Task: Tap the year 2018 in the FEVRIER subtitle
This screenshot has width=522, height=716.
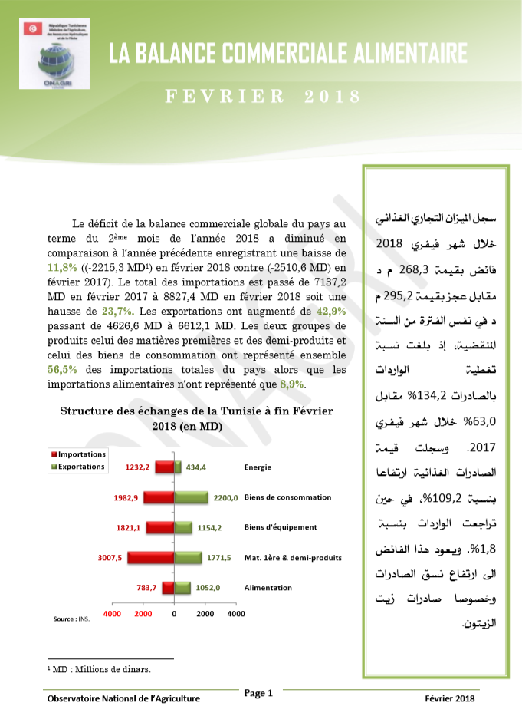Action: click(333, 97)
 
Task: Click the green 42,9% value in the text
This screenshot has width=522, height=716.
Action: click(331, 311)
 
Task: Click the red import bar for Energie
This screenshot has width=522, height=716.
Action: click(164, 467)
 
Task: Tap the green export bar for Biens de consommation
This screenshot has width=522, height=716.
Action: click(191, 497)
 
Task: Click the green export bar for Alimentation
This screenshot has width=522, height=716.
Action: click(182, 588)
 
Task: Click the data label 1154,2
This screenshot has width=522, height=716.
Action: click(211, 528)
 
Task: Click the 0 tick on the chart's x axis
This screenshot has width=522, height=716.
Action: click(174, 614)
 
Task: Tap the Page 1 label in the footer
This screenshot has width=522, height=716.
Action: click(258, 693)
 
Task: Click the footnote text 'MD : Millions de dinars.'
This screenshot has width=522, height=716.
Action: click(99, 668)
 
